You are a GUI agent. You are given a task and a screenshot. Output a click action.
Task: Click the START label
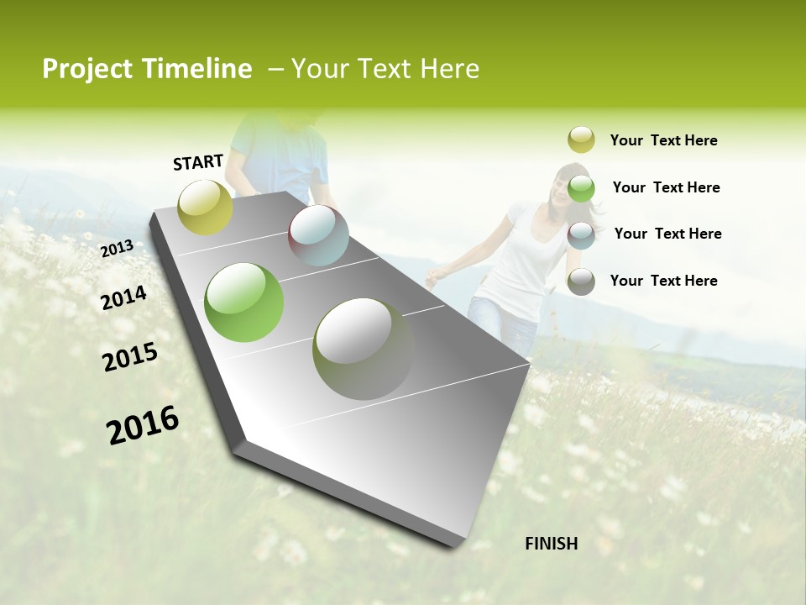[x=198, y=162]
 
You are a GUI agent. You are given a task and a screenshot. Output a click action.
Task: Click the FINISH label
[x=552, y=544]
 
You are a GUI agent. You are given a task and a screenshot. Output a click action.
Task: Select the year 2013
[x=117, y=249]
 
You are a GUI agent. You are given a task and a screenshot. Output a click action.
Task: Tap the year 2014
[x=123, y=297]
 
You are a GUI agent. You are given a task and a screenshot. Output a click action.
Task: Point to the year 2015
[x=130, y=358]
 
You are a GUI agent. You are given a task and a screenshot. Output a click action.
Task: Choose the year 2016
[x=143, y=425]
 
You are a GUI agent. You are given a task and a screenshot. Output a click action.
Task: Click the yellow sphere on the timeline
[x=206, y=207]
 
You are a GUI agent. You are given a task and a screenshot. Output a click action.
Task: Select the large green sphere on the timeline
[x=244, y=302]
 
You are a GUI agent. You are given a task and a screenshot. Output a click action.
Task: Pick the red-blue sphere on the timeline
[x=318, y=235]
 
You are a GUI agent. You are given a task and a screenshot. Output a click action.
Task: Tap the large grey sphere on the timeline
[x=364, y=349]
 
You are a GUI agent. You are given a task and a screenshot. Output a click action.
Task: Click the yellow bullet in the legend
[x=581, y=139]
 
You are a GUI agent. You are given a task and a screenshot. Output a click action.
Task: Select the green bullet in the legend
[x=581, y=188]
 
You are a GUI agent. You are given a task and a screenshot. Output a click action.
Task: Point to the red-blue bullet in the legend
[x=581, y=235]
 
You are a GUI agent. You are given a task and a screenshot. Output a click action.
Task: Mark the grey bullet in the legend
[x=581, y=281]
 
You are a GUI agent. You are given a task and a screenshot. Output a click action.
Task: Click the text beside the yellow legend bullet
[x=663, y=140]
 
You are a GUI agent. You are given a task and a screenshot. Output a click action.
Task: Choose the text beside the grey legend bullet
[x=663, y=281]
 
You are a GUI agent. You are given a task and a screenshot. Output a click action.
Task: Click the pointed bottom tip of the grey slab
[x=454, y=545]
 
